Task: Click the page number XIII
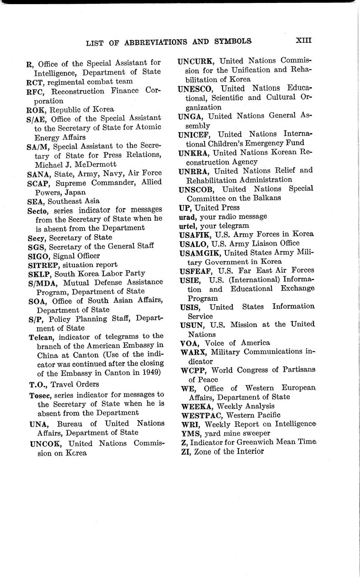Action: click(x=304, y=41)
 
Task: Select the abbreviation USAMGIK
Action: click(x=200, y=253)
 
